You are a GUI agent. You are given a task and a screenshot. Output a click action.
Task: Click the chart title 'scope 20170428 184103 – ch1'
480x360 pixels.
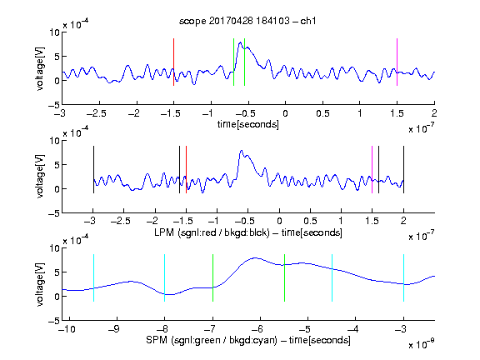[247, 21]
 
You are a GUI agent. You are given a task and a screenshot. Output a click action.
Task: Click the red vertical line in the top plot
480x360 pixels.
[173, 62]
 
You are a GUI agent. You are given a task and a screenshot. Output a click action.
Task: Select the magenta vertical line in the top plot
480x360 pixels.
[397, 62]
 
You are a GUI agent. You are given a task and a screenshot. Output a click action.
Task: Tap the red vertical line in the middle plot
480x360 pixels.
[186, 170]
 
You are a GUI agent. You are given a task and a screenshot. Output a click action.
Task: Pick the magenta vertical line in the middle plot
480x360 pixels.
[372, 170]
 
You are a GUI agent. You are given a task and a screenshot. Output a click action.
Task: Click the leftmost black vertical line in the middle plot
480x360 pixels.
[93, 170]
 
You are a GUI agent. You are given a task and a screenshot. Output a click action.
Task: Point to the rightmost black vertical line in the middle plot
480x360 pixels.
[403, 170]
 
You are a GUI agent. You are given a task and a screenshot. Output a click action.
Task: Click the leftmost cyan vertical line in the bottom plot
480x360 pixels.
[93, 278]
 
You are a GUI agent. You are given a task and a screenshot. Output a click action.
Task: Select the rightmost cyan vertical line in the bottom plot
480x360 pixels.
[403, 278]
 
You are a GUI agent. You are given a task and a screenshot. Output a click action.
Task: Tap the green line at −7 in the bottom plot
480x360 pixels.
[212, 278]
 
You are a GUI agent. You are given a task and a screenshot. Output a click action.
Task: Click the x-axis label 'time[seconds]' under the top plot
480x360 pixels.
[248, 124]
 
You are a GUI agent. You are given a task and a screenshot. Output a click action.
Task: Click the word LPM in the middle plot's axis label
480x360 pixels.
[164, 232]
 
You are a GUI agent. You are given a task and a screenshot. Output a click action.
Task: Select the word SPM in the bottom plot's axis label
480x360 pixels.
[157, 340]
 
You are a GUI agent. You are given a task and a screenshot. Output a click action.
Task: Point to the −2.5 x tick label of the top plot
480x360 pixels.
[96, 113]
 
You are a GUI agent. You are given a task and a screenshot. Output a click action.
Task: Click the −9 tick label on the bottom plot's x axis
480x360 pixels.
[114, 329]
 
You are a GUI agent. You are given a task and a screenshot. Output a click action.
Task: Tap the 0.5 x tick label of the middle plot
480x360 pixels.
[310, 221]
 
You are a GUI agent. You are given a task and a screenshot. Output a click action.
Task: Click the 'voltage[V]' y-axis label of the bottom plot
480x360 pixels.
[40, 284]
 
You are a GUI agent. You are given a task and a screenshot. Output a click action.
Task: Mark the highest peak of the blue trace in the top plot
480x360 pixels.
[240, 42]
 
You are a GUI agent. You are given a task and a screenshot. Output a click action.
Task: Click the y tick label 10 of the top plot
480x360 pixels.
[54, 32]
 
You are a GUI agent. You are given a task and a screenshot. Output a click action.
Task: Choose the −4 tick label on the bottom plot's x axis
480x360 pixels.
[353, 329]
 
